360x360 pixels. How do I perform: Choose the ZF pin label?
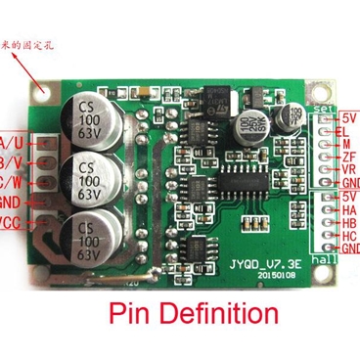(343, 156)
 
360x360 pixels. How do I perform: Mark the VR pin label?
(343, 168)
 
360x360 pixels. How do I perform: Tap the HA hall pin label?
(344, 209)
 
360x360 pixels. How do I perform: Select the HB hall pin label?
(344, 223)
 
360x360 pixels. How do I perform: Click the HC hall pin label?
(344, 236)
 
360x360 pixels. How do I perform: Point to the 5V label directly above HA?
(344, 196)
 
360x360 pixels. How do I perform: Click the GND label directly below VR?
(346, 182)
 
